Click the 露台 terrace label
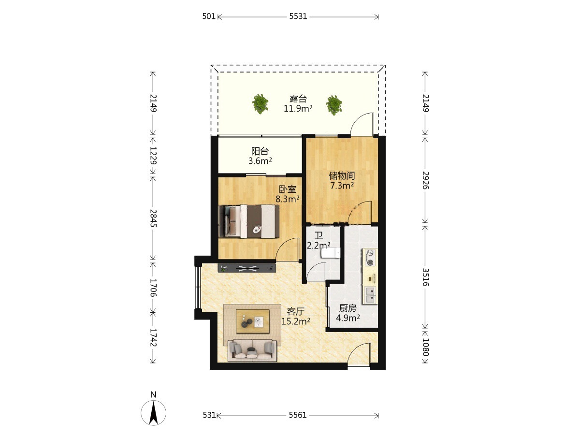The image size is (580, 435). click(x=298, y=99)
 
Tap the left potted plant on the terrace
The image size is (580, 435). click(x=260, y=104)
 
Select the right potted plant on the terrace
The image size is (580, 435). click(x=333, y=105)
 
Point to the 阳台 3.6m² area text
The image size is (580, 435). click(x=260, y=161)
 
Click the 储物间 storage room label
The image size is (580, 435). click(x=342, y=175)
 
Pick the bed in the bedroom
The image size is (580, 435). click(x=249, y=221)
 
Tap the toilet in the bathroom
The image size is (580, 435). click(x=331, y=253)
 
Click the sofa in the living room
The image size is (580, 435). click(x=252, y=350)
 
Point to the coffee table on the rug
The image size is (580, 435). click(x=253, y=321)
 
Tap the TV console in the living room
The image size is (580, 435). click(x=247, y=268)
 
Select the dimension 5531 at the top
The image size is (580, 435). click(x=298, y=16)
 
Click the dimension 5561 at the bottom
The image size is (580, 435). click(x=298, y=415)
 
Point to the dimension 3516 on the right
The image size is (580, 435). click(x=425, y=277)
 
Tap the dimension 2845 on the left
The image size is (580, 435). click(x=153, y=218)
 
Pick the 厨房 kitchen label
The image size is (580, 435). click(x=348, y=308)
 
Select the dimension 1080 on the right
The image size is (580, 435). click(x=425, y=347)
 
